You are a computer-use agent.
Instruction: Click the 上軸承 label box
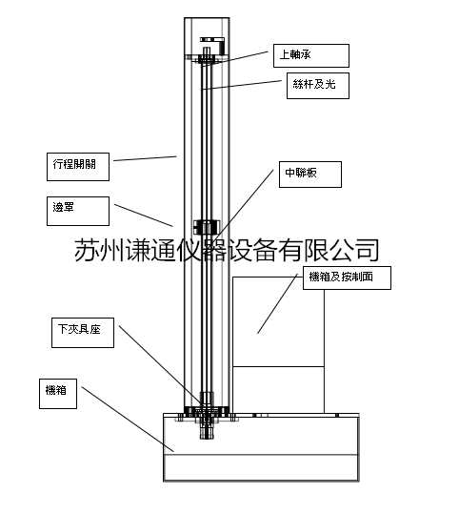tap(311, 55)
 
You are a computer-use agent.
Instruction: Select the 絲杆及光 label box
tap(318, 86)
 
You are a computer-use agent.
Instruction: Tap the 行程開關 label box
tap(78, 167)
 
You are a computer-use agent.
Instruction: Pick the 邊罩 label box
tap(78, 211)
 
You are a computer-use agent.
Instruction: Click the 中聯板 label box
tap(310, 175)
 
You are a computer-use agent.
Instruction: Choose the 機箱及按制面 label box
tap(347, 278)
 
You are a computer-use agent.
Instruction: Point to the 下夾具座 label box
tap(83, 333)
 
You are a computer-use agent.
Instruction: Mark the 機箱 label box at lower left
tap(58, 394)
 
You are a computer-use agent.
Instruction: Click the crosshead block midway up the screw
tap(207, 227)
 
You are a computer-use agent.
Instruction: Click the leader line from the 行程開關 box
tap(145, 158)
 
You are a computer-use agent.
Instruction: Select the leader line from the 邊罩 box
tap(144, 216)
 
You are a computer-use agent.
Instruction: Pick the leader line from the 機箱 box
tap(128, 420)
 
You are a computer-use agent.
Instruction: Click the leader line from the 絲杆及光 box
tap(241, 85)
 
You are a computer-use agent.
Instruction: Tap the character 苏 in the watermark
tap(87, 250)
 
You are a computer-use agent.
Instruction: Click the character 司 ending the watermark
tap(368, 250)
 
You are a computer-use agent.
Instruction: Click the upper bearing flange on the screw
tap(207, 60)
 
